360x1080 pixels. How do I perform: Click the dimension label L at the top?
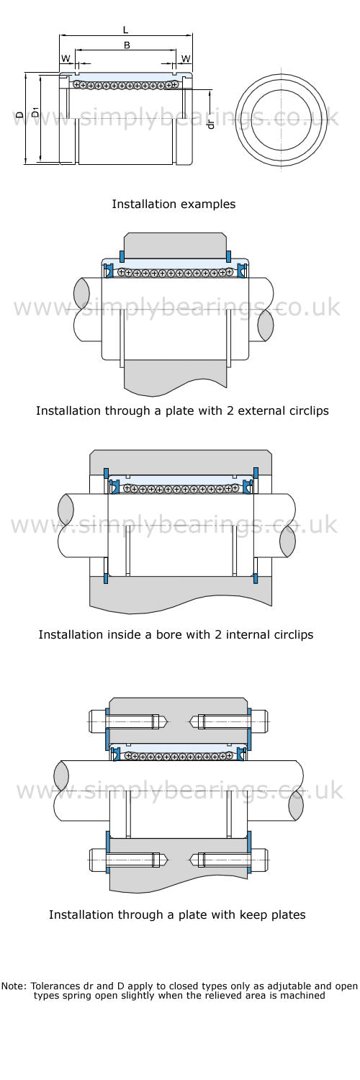(126, 30)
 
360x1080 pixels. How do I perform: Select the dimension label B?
(127, 45)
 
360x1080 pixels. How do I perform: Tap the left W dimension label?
(66, 59)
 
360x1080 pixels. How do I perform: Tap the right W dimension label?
(186, 59)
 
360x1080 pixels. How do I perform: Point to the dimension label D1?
(35, 112)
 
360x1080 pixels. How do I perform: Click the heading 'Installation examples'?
(174, 204)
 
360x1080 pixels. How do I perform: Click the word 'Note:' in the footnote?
(14, 986)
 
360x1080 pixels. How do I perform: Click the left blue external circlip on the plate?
(122, 256)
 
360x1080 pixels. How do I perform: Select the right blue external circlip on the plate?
(228, 256)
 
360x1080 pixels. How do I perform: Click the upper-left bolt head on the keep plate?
(96, 721)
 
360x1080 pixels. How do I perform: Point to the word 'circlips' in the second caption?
(294, 634)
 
